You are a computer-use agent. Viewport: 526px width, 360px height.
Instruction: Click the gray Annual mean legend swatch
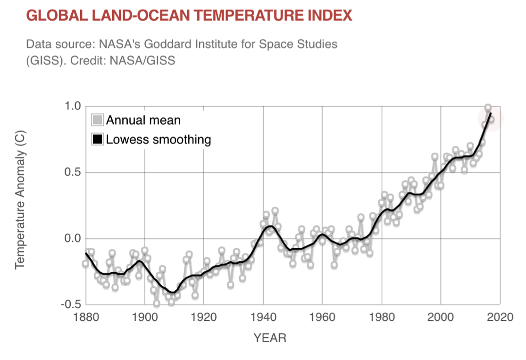coord(98,120)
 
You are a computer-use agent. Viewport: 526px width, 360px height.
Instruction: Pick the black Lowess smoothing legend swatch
coord(98,140)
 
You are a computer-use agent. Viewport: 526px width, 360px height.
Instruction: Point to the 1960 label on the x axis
coord(322,317)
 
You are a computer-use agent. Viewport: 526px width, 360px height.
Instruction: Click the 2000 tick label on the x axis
coord(441,317)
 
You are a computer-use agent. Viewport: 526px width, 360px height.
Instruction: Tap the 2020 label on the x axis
coord(500,317)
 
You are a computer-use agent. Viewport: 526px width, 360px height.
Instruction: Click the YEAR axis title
coord(270,338)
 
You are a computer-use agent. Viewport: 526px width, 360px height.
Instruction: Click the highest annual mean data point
coord(488,108)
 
